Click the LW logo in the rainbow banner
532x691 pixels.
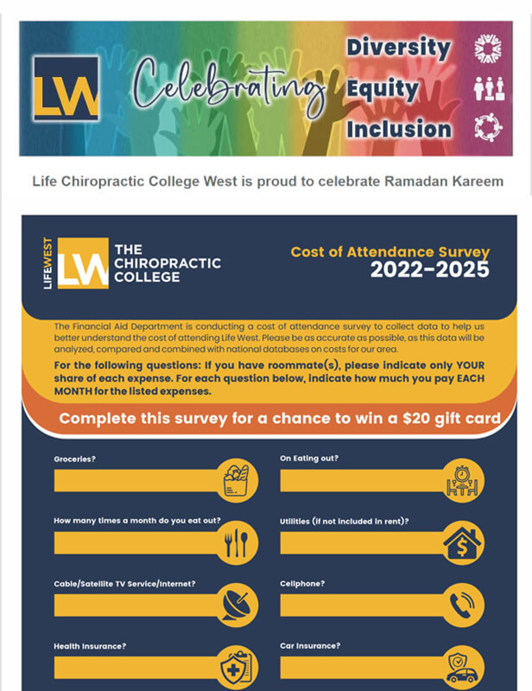click(x=66, y=88)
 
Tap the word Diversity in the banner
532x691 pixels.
click(x=399, y=48)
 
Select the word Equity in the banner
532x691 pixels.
click(x=383, y=88)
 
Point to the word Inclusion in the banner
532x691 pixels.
click(x=399, y=129)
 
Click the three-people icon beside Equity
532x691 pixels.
click(x=489, y=89)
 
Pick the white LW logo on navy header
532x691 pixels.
click(x=83, y=263)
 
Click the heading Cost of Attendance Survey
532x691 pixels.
click(x=389, y=252)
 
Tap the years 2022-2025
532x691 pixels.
click(x=429, y=270)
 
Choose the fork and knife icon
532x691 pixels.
click(x=236, y=543)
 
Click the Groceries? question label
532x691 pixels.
click(x=74, y=460)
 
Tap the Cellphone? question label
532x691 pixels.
click(x=302, y=584)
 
